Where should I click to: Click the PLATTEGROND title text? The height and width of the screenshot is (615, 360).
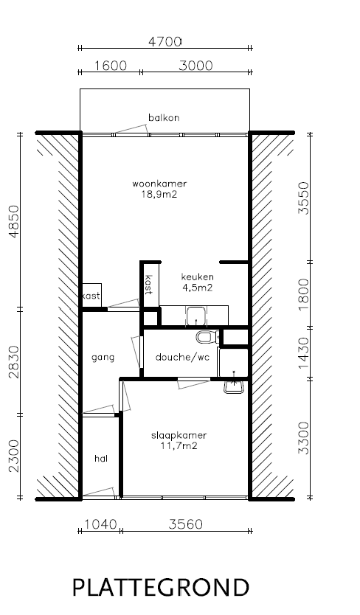click(161, 587)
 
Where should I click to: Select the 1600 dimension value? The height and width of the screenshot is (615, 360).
click(111, 66)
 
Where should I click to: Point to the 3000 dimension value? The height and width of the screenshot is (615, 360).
click(195, 66)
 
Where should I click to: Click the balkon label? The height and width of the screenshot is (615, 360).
click(164, 117)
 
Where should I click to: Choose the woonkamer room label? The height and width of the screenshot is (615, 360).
click(159, 183)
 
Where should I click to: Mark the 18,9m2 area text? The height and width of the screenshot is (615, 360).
click(159, 195)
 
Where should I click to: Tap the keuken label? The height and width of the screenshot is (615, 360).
click(198, 277)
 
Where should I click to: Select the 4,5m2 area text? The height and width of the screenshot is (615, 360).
click(198, 288)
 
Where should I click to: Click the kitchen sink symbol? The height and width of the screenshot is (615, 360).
click(195, 316)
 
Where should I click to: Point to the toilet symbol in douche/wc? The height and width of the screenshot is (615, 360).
click(206, 337)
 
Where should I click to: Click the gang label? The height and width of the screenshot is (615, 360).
click(103, 358)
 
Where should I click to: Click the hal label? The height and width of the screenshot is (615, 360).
click(101, 459)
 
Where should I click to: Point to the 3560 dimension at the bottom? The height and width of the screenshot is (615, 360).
click(186, 525)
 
